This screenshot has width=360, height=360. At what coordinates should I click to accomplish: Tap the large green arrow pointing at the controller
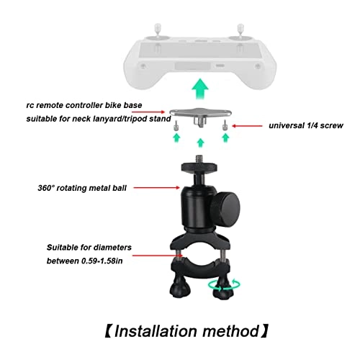197,92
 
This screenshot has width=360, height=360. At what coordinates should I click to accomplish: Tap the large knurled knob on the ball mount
215,194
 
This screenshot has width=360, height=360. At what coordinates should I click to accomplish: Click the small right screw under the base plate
225,126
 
